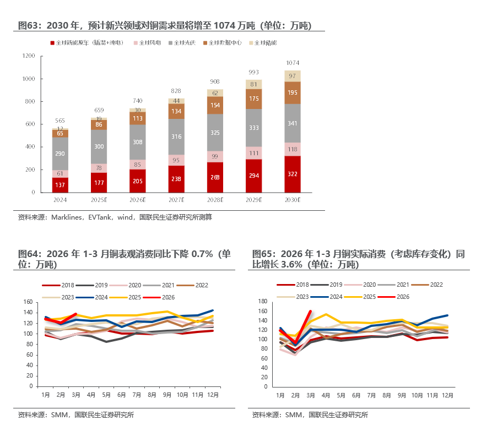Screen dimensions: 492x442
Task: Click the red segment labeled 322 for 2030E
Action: (293, 174)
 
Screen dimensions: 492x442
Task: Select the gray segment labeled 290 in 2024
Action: (60, 154)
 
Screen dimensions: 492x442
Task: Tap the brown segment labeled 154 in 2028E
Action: (215, 105)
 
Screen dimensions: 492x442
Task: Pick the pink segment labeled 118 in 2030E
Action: (293, 149)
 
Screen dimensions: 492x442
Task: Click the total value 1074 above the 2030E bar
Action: (293, 63)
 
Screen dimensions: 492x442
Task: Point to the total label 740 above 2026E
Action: (137, 101)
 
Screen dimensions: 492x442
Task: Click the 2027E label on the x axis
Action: (176, 200)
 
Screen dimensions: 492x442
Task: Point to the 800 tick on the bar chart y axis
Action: (30, 101)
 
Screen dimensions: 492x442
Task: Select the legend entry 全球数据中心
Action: (223, 42)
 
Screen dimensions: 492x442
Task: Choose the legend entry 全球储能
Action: (263, 42)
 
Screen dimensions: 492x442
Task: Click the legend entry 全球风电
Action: (148, 42)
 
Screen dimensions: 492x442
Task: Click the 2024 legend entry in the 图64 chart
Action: (92, 297)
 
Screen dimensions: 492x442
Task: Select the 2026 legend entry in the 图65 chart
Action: (393, 297)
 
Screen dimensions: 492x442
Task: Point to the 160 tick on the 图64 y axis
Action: (28, 302)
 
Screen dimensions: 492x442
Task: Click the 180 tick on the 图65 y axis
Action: (263, 301)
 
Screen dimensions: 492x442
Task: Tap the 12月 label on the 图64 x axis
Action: (213, 395)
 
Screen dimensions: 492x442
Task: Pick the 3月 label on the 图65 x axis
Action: (311, 396)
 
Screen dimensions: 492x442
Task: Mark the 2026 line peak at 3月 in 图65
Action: (311, 311)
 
